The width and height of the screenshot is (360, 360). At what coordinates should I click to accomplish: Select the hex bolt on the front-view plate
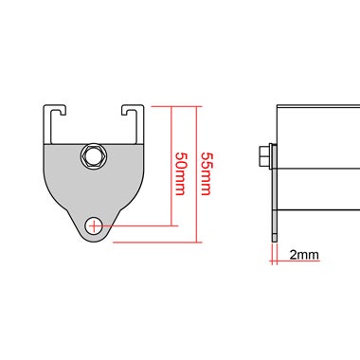[x=94, y=154]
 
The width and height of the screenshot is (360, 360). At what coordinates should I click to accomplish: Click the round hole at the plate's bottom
[x=94, y=225]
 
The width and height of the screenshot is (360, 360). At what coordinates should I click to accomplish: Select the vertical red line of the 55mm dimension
[x=195, y=172]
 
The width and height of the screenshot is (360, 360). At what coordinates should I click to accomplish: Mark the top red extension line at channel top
[x=166, y=105]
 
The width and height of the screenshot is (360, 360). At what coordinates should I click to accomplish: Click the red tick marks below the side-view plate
[x=274, y=251]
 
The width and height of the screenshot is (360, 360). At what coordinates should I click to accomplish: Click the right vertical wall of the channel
[x=142, y=123]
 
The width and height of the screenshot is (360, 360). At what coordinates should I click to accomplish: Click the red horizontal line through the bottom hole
[x=133, y=225]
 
